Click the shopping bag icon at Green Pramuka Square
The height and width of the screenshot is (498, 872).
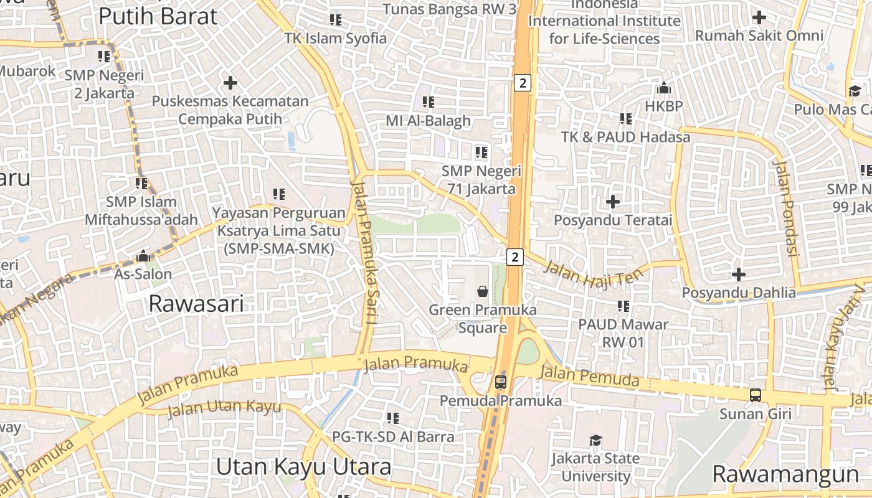(x=482, y=291)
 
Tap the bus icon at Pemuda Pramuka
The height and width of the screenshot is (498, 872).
(x=501, y=382)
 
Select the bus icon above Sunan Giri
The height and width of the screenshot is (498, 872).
(x=756, y=395)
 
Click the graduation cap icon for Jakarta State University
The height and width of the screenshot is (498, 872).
(x=596, y=440)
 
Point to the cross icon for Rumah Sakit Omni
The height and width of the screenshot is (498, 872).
(x=759, y=17)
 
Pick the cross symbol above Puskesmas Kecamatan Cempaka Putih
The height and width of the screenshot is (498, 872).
(x=230, y=82)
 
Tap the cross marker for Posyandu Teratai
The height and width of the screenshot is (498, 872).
(x=613, y=202)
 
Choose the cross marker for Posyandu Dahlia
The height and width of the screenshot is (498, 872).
(x=739, y=274)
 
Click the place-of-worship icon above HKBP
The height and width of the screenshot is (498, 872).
(x=664, y=88)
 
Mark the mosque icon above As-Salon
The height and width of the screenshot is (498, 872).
(x=143, y=256)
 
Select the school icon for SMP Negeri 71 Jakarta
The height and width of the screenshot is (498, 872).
(x=481, y=152)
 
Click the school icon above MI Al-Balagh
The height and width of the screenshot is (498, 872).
(x=429, y=101)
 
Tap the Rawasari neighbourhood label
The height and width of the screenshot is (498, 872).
(x=196, y=304)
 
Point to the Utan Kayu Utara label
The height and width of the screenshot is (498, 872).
(x=303, y=467)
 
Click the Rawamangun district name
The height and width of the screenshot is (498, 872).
(x=785, y=474)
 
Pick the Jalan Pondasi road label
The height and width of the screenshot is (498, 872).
(x=785, y=208)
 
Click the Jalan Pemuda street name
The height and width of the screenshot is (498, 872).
(x=589, y=376)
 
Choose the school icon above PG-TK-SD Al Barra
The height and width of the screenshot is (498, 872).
(x=393, y=418)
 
